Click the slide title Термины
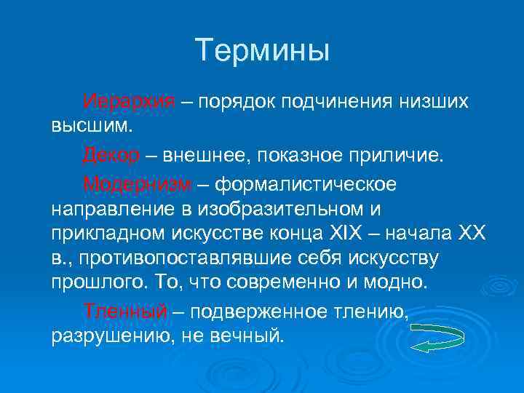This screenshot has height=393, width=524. (x=262, y=51)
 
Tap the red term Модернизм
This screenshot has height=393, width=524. (x=138, y=183)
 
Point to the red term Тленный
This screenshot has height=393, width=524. (x=124, y=311)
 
